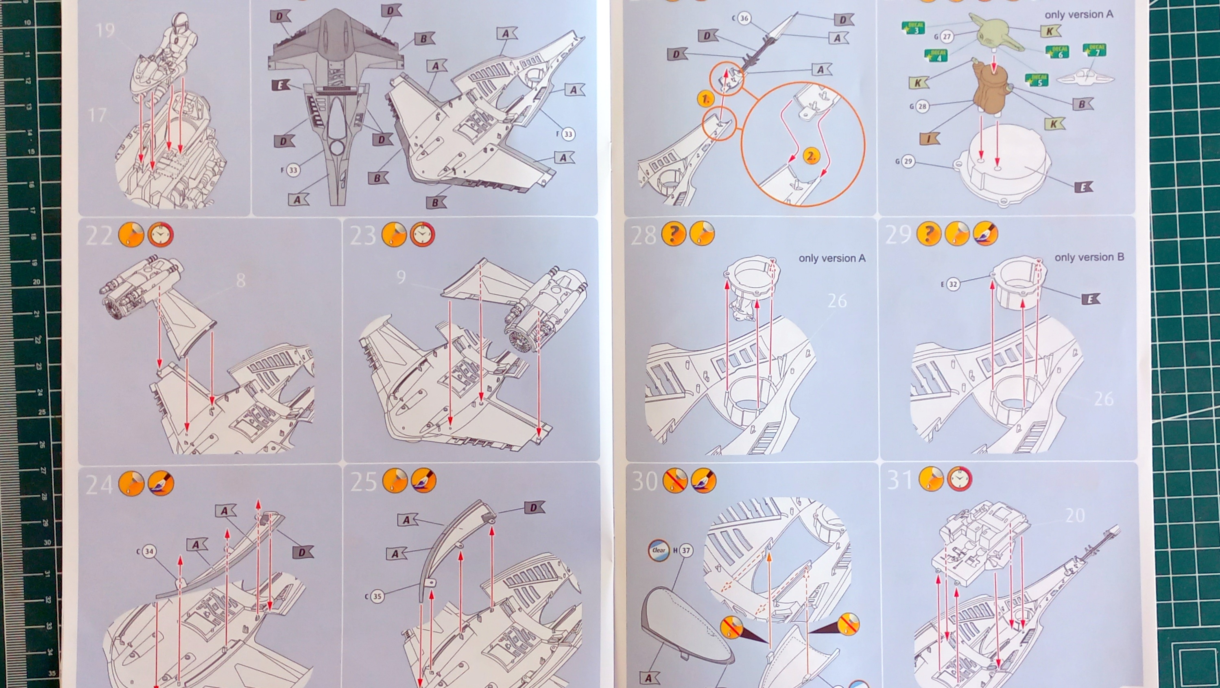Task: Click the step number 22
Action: click(x=98, y=236)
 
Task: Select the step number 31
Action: click(x=899, y=480)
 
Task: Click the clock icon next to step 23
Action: click(x=422, y=234)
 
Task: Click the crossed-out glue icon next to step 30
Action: click(x=675, y=481)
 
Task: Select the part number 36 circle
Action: click(x=744, y=18)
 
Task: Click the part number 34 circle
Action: click(x=149, y=551)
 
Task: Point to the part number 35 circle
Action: click(x=377, y=596)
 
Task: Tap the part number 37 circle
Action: click(x=685, y=550)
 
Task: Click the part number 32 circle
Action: click(x=952, y=284)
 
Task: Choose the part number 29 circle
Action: click(x=908, y=161)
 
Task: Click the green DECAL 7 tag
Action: click(x=1094, y=50)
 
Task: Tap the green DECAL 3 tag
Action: click(x=914, y=28)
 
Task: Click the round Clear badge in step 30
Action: click(x=658, y=550)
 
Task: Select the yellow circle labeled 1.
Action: click(x=705, y=99)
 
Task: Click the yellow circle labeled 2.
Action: click(x=811, y=156)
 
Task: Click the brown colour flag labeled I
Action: click(x=930, y=139)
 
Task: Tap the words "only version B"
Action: click(x=1089, y=257)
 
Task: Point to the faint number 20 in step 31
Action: click(x=1075, y=515)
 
